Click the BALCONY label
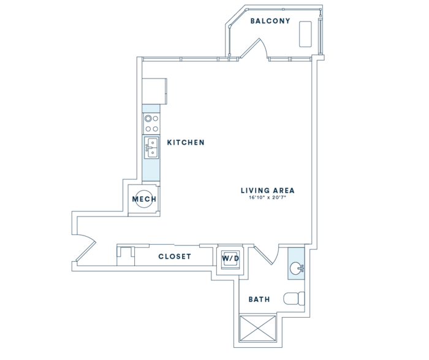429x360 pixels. click(x=270, y=21)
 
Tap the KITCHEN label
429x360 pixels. click(x=186, y=142)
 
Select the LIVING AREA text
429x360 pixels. click(x=268, y=190)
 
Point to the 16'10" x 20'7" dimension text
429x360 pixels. click(x=267, y=197)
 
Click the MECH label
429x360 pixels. click(x=144, y=199)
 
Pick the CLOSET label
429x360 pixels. click(x=175, y=256)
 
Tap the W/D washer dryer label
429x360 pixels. click(x=230, y=258)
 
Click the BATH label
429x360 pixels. click(x=259, y=299)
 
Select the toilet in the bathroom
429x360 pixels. click(x=294, y=299)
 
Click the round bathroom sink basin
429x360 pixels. click(x=296, y=268)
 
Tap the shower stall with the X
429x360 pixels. click(x=257, y=328)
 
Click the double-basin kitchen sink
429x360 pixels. click(x=151, y=148)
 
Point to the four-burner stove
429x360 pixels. click(x=151, y=123)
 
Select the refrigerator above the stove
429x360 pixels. click(x=154, y=91)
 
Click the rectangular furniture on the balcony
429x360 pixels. click(x=305, y=34)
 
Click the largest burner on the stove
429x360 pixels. click(x=148, y=118)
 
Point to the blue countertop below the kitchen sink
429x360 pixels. click(x=151, y=170)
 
